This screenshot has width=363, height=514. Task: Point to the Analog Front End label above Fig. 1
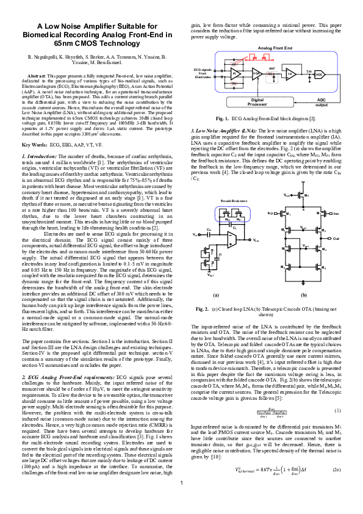click(x=275, y=47)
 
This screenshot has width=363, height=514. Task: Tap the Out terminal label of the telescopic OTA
click(x=336, y=239)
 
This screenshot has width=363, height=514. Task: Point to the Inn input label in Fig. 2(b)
click(x=336, y=213)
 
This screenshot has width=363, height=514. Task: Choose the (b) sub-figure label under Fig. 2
click(x=304, y=294)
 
